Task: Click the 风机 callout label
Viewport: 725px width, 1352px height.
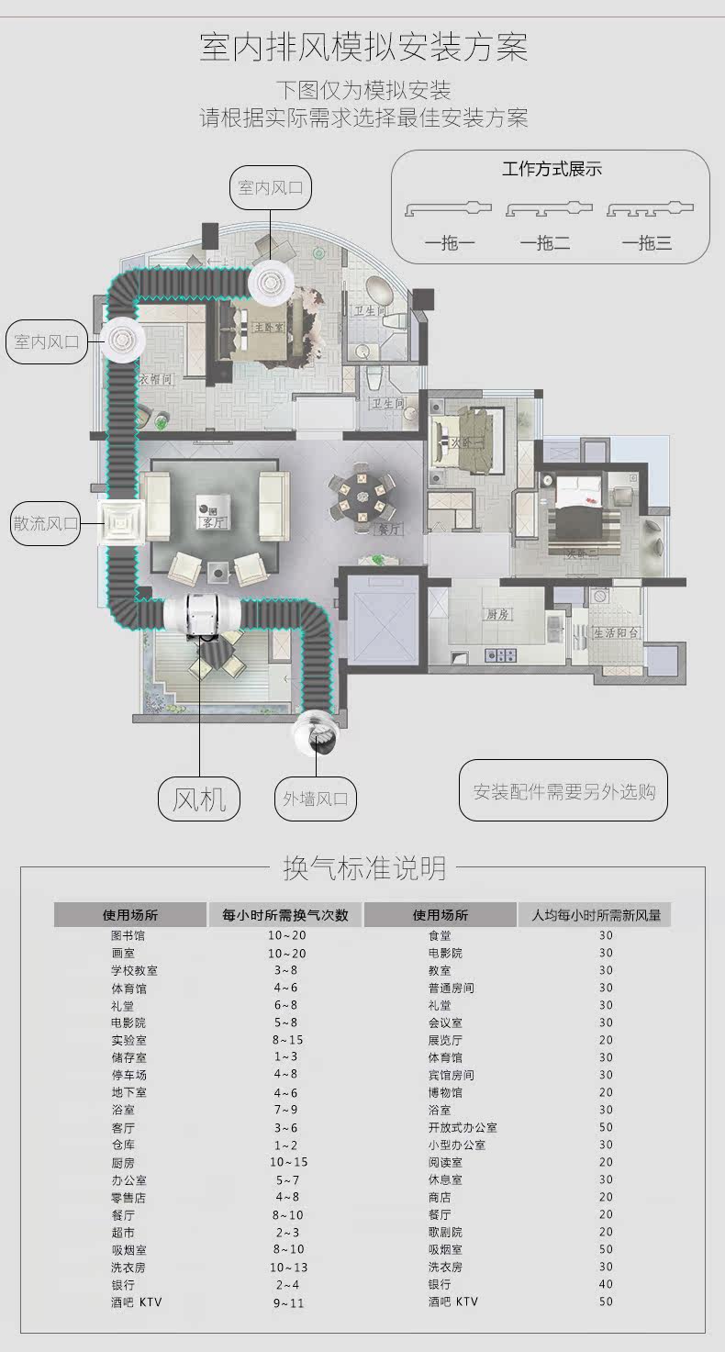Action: (198, 799)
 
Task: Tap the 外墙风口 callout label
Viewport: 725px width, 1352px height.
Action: (315, 799)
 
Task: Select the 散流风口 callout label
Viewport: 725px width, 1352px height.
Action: (45, 524)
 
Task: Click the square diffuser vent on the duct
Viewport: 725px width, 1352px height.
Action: (120, 524)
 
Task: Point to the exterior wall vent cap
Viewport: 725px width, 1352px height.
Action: (317, 732)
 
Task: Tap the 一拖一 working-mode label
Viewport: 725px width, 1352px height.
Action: (449, 243)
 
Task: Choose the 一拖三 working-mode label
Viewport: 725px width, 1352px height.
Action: (647, 243)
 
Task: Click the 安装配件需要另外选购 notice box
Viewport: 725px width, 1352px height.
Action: (563, 790)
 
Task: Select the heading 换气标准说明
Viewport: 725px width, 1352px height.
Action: (364, 867)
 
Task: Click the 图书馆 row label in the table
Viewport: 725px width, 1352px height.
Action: (128, 935)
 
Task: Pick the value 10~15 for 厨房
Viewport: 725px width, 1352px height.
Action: (288, 1162)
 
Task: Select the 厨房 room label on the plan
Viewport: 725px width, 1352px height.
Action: (498, 615)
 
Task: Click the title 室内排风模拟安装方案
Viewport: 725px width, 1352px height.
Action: (363, 47)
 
